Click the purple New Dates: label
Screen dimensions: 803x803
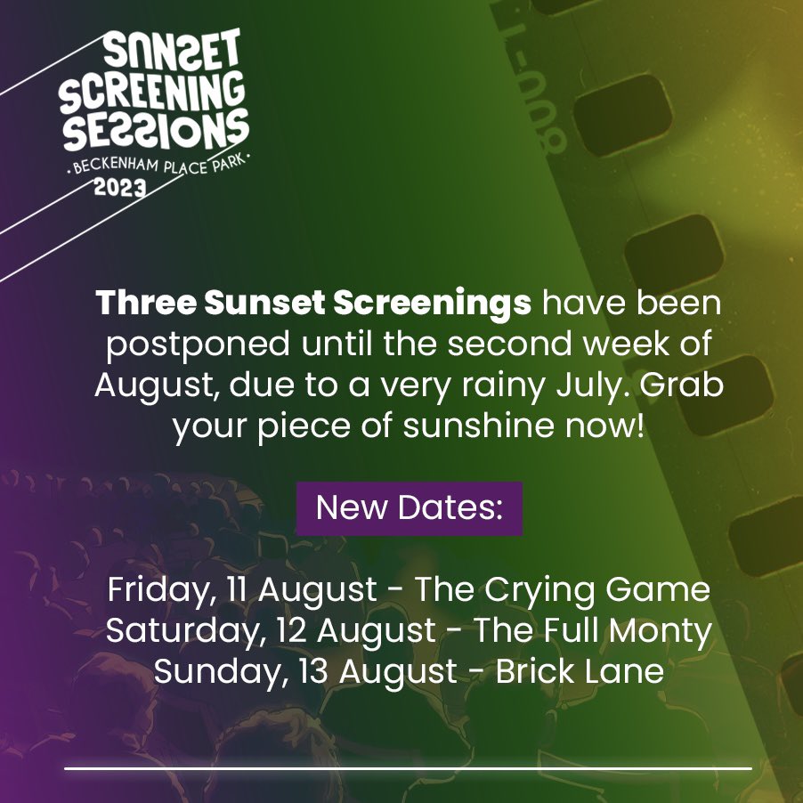click(410, 508)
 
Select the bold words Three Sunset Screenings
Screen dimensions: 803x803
click(313, 304)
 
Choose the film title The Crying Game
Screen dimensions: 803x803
click(563, 590)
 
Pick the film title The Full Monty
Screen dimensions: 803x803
click(593, 631)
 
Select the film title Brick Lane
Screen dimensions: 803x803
click(580, 671)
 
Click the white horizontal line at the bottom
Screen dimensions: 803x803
click(408, 767)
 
